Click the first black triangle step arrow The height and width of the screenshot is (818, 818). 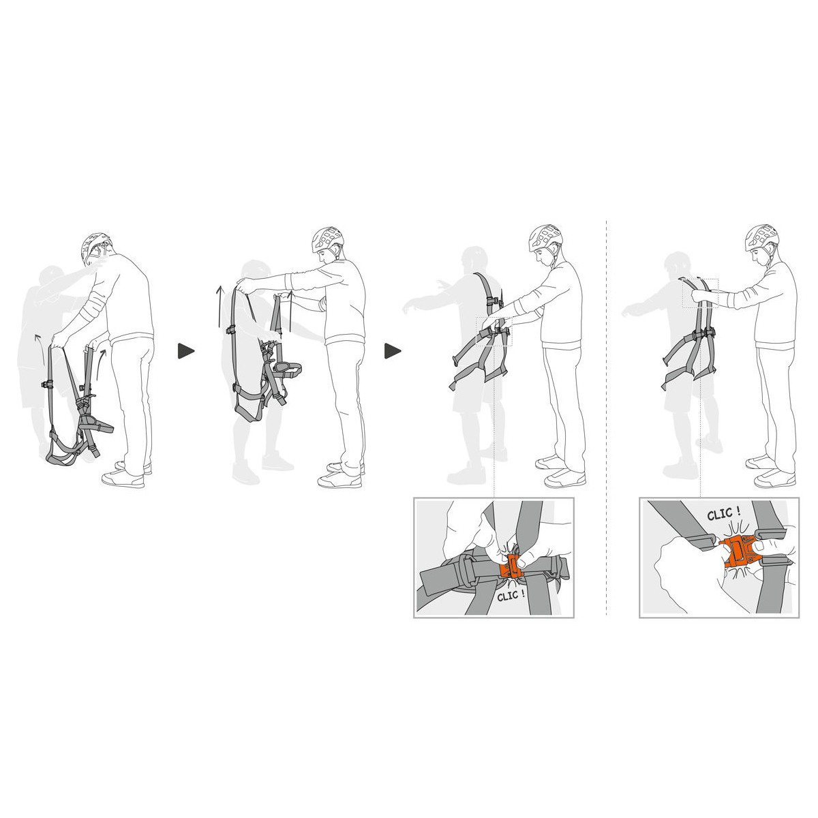[185, 351]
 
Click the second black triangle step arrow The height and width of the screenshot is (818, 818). [393, 351]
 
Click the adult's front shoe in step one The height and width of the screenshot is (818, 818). [123, 479]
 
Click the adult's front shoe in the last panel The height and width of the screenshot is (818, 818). [774, 479]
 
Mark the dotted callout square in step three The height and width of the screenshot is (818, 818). [494, 331]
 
